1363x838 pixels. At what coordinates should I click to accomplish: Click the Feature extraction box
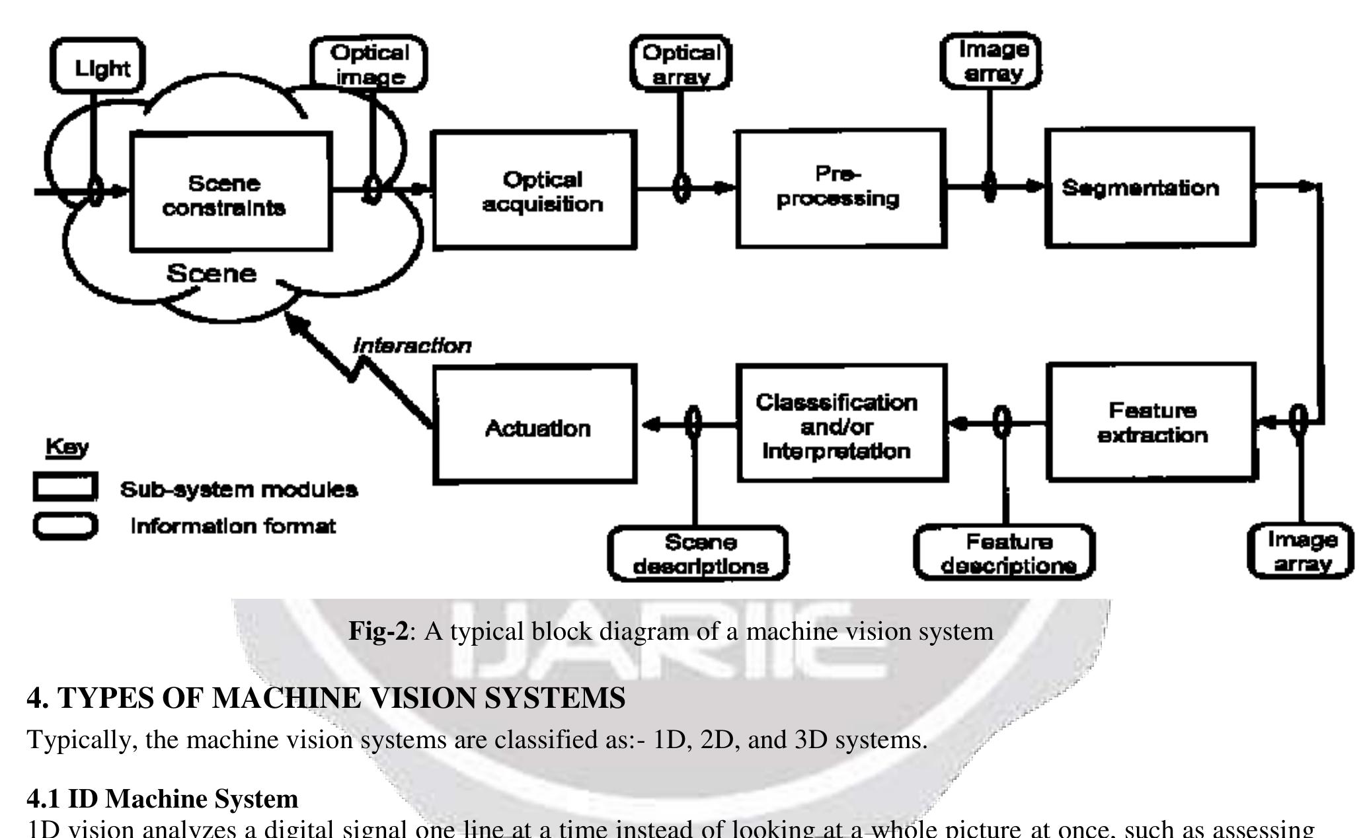click(1151, 422)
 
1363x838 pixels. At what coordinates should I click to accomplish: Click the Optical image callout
click(369, 64)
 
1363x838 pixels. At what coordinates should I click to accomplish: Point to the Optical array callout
click(680, 64)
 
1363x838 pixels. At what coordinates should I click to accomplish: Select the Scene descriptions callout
click(699, 554)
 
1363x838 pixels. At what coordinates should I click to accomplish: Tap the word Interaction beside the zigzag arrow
click(412, 345)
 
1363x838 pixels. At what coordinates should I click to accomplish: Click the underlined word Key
click(67, 447)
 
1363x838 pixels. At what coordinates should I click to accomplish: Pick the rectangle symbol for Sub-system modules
click(65, 487)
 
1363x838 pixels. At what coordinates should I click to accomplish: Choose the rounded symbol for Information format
click(65, 526)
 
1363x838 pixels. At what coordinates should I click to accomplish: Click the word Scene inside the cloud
click(211, 273)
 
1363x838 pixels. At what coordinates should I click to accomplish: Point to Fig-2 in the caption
click(379, 631)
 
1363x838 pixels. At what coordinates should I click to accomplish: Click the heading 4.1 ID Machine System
click(163, 798)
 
